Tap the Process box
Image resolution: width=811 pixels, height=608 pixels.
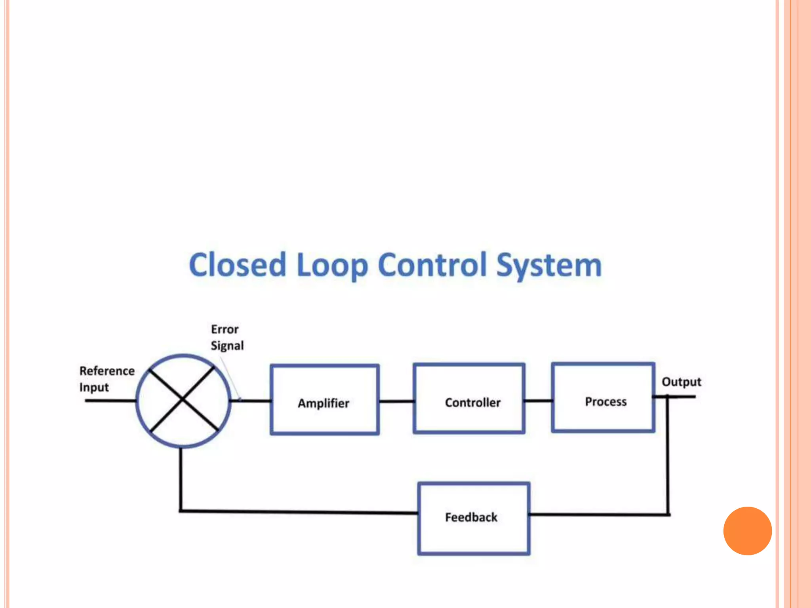click(x=603, y=397)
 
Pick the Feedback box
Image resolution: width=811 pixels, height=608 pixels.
click(x=474, y=518)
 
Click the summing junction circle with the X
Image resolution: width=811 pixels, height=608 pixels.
click(x=183, y=401)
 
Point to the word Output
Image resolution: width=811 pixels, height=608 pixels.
click(x=681, y=382)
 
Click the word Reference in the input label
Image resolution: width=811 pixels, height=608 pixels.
click(x=107, y=371)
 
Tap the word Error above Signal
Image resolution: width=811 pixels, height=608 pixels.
click(x=225, y=329)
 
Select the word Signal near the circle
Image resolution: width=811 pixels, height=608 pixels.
click(x=227, y=346)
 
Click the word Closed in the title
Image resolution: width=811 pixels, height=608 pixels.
click(x=237, y=265)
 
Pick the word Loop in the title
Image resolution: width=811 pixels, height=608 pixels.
click(x=332, y=265)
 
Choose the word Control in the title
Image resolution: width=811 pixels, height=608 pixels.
click(x=432, y=265)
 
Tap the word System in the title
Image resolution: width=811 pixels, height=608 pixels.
click(x=549, y=265)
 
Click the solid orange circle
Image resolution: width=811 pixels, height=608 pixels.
click(x=747, y=531)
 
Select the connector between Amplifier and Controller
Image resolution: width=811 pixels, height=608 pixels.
click(x=396, y=401)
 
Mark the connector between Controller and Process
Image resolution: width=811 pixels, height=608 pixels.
click(x=538, y=401)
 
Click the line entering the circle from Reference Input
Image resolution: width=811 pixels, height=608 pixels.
click(x=110, y=401)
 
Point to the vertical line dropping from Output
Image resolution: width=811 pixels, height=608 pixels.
click(x=668, y=455)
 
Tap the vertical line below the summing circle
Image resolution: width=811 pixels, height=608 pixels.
click(x=181, y=479)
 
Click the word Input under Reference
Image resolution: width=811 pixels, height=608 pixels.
click(x=94, y=388)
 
